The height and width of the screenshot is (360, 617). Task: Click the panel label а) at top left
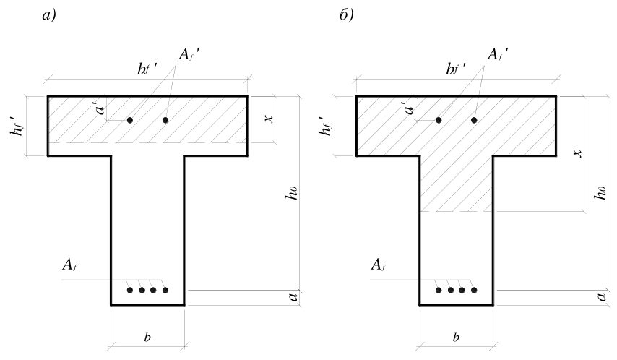coord(49,15)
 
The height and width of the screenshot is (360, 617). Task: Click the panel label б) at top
coord(346,15)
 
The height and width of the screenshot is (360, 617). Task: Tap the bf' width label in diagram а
coord(147,69)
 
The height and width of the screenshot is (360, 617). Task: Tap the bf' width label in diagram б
coord(456,69)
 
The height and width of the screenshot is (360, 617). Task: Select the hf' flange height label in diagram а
coord(18,126)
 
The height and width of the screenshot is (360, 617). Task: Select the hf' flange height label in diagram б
coord(327,126)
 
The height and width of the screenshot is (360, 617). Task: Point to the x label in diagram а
coord(269,118)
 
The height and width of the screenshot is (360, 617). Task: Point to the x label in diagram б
coord(578,153)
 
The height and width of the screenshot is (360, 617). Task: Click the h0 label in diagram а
coord(293,192)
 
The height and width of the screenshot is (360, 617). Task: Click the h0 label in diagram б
coord(600,192)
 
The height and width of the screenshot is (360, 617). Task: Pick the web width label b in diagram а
coord(147,337)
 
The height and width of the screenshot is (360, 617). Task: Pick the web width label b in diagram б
coord(456,337)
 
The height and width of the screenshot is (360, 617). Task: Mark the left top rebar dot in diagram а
coord(130,120)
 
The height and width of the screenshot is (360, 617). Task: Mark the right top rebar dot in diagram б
coord(474,120)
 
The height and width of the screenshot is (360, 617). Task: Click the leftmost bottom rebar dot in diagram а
coord(130,291)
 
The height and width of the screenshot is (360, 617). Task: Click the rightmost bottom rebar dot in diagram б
coord(474,291)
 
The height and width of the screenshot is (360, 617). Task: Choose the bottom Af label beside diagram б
coord(378,265)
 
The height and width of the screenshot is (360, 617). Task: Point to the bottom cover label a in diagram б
coord(602,296)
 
